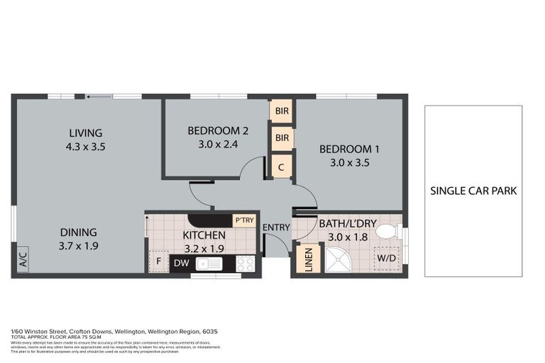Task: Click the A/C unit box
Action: point(21,257)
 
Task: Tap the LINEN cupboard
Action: point(308,257)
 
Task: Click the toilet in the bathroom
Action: point(386,231)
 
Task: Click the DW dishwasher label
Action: point(182,264)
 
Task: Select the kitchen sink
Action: point(209,264)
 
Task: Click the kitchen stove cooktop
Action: point(246,264)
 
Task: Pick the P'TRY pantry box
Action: point(244,220)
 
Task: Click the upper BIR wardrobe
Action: point(282,111)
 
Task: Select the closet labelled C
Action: point(282,167)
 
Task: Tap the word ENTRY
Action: point(275,227)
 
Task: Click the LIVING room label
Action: point(86,133)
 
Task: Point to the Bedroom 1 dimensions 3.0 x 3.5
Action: point(349,162)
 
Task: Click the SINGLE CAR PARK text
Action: point(473,191)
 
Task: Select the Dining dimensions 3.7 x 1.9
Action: point(78,246)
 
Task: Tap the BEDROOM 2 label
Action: point(218,130)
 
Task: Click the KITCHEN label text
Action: point(204,235)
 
